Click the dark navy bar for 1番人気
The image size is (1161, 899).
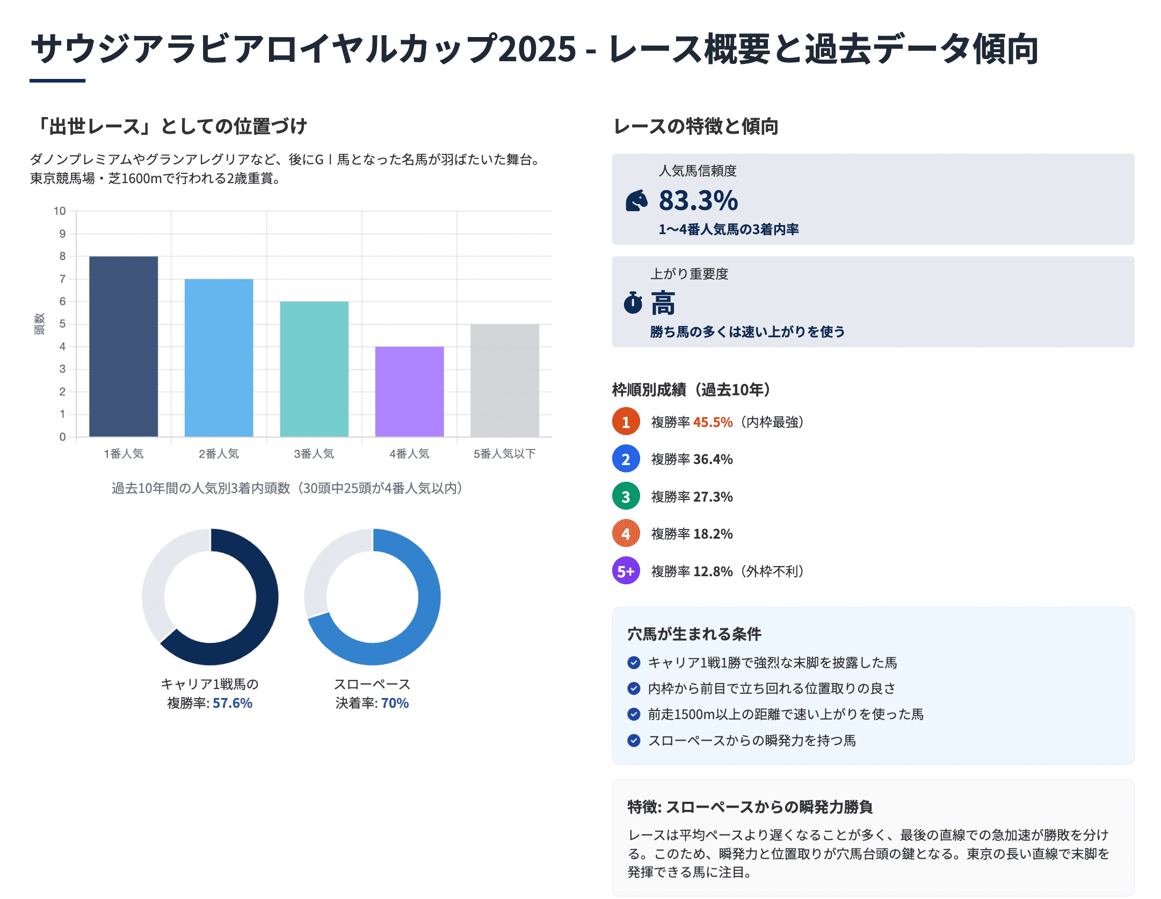click(x=124, y=346)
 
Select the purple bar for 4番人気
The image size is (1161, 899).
click(x=409, y=392)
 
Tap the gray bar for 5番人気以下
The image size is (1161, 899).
click(x=504, y=380)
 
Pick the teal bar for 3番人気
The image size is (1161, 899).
click(x=314, y=369)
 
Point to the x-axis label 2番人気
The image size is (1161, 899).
click(x=219, y=454)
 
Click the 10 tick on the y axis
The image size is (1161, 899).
click(x=60, y=211)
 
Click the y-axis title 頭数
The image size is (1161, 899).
click(x=39, y=324)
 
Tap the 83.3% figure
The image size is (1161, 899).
click(x=698, y=201)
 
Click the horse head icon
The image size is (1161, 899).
click(x=637, y=201)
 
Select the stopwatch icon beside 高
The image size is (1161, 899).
click(x=633, y=303)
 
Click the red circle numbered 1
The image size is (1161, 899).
click(x=626, y=422)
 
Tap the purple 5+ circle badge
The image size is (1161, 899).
click(x=626, y=571)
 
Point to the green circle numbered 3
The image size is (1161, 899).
click(x=626, y=497)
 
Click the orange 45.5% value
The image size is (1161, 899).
click(x=713, y=422)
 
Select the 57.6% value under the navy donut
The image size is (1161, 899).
click(x=232, y=703)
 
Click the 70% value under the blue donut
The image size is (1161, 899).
click(x=395, y=703)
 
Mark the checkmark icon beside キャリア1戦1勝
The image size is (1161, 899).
click(x=634, y=663)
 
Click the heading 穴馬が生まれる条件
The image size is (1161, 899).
click(x=694, y=634)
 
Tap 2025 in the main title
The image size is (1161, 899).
click(x=537, y=49)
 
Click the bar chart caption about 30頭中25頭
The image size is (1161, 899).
click(x=287, y=488)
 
